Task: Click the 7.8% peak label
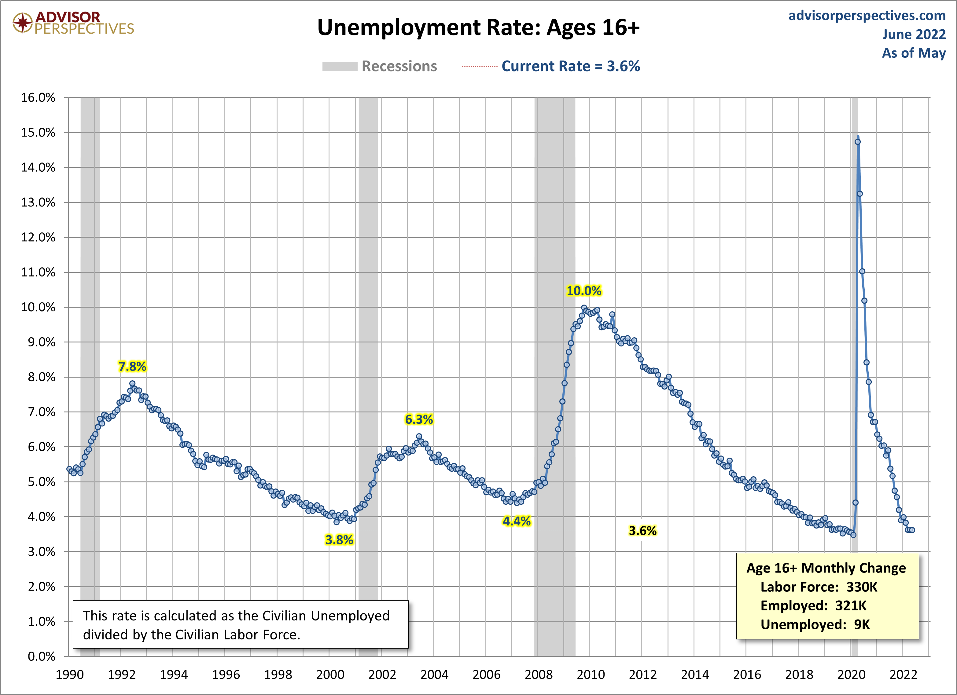(132, 367)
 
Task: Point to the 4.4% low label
(517, 521)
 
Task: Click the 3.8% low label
(339, 540)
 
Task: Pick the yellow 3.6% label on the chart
(642, 531)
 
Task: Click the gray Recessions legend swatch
(340, 67)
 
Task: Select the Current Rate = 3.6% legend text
(570, 66)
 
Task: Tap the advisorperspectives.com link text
(867, 16)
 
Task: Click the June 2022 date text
(914, 34)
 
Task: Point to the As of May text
(914, 53)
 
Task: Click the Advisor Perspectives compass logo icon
(22, 23)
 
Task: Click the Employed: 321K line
(813, 605)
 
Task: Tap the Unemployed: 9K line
(815, 624)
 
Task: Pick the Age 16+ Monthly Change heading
(826, 568)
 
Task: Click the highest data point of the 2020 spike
(857, 142)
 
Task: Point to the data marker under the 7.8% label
(132, 384)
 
